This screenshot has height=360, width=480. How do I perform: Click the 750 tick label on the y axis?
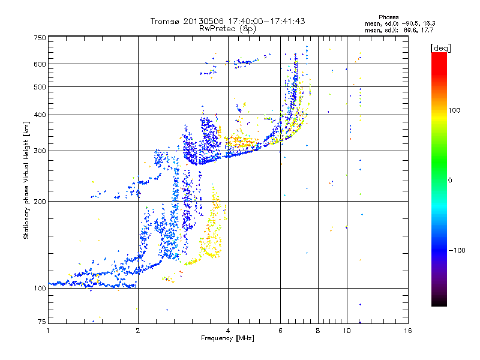[40, 37]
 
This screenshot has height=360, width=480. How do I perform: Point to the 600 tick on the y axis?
[40, 64]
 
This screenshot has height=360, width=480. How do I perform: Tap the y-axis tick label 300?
[40, 151]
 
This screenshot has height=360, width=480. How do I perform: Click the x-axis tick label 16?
[408, 331]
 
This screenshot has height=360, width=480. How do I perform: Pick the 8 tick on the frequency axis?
[318, 331]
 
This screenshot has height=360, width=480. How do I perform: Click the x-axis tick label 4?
[228, 331]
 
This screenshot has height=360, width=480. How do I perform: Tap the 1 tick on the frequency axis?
[48, 331]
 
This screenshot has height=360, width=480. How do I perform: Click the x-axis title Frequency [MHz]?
[227, 338]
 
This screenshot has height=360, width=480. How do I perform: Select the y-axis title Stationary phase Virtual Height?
[26, 180]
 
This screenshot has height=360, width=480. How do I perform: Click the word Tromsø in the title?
[165, 21]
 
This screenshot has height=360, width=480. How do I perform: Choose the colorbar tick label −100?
[457, 250]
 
